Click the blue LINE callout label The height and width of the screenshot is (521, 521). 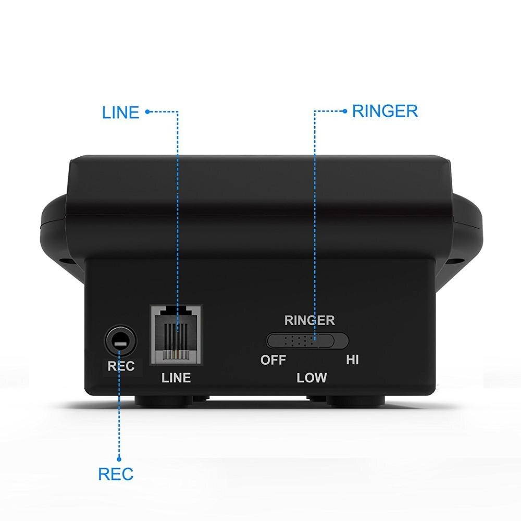click(120, 112)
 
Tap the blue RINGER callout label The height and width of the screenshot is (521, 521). click(385, 111)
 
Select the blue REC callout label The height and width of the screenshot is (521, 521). click(116, 474)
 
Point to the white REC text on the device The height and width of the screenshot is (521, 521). click(120, 366)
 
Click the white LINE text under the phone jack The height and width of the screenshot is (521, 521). click(176, 378)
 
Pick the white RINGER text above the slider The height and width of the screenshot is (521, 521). click(309, 320)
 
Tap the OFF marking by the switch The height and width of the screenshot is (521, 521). click(273, 360)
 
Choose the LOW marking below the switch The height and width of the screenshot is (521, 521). click(312, 378)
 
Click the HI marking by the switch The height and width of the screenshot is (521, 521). click(352, 360)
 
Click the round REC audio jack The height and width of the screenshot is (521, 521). click(120, 341)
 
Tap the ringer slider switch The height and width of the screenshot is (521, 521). click(307, 341)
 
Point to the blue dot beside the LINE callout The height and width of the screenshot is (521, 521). click(147, 111)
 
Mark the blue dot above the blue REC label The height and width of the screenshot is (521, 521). click(119, 458)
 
